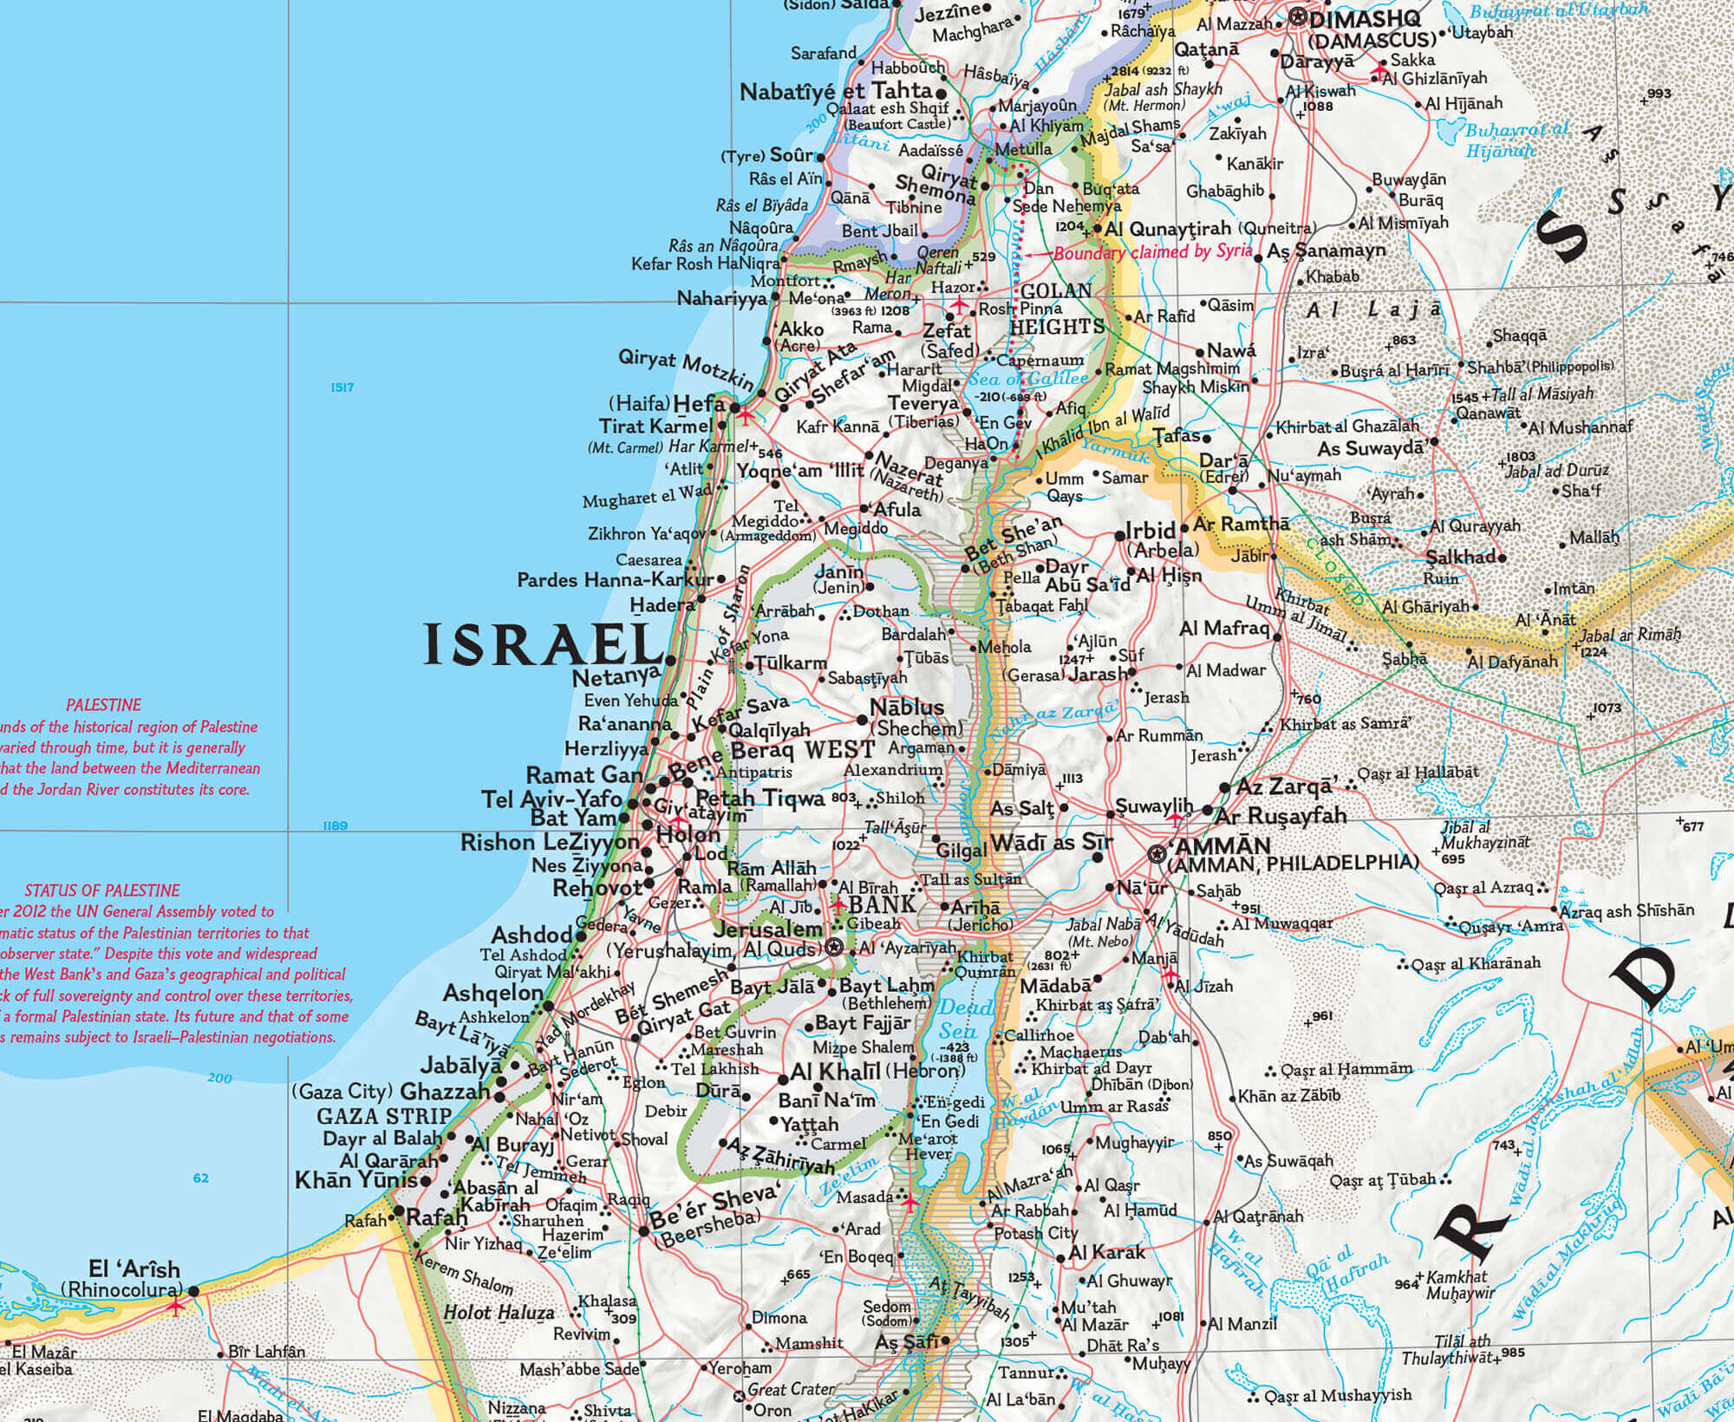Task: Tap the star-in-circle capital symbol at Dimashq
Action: pyautogui.click(x=1298, y=16)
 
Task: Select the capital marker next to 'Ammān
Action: pyautogui.click(x=1156, y=854)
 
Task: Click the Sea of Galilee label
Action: pyautogui.click(x=1027, y=379)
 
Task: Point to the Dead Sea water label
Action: pyautogui.click(x=958, y=1019)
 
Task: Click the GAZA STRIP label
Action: pyautogui.click(x=384, y=1116)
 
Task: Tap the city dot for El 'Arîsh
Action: pyautogui.click(x=194, y=1291)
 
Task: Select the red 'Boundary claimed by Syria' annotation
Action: pyautogui.click(x=1153, y=252)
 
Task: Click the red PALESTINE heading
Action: pyautogui.click(x=103, y=705)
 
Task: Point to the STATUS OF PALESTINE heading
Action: pyautogui.click(x=102, y=890)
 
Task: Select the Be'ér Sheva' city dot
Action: pyautogui.click(x=644, y=1231)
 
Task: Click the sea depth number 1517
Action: pyautogui.click(x=342, y=388)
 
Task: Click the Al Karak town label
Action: pyautogui.click(x=1107, y=1253)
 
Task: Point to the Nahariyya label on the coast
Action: pyautogui.click(x=721, y=298)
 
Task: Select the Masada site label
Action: pyautogui.click(x=864, y=1197)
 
